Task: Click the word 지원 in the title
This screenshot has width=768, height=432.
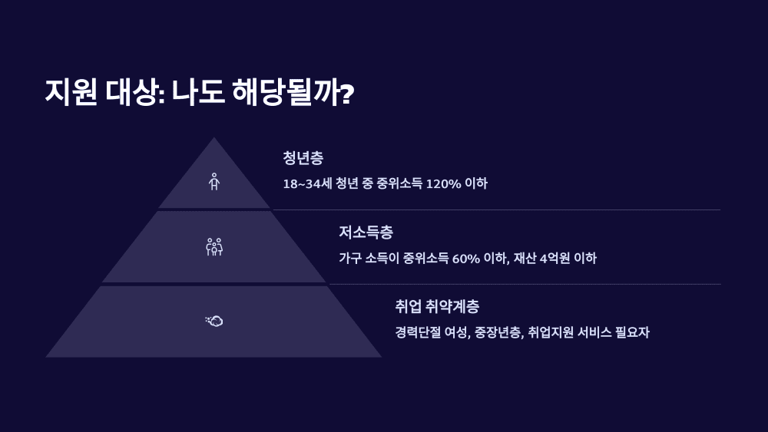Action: (x=71, y=93)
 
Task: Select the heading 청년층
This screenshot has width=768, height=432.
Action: (x=303, y=158)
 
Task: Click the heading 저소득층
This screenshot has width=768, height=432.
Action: (x=366, y=232)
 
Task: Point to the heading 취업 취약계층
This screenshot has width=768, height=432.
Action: (x=437, y=307)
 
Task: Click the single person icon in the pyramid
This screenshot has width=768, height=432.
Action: (x=214, y=182)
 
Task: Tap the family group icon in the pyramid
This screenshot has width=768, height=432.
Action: (x=214, y=246)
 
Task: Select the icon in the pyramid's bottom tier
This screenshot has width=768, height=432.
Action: (x=214, y=321)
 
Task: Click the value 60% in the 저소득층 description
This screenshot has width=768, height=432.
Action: (x=465, y=259)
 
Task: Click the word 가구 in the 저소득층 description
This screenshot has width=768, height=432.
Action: (x=350, y=259)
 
